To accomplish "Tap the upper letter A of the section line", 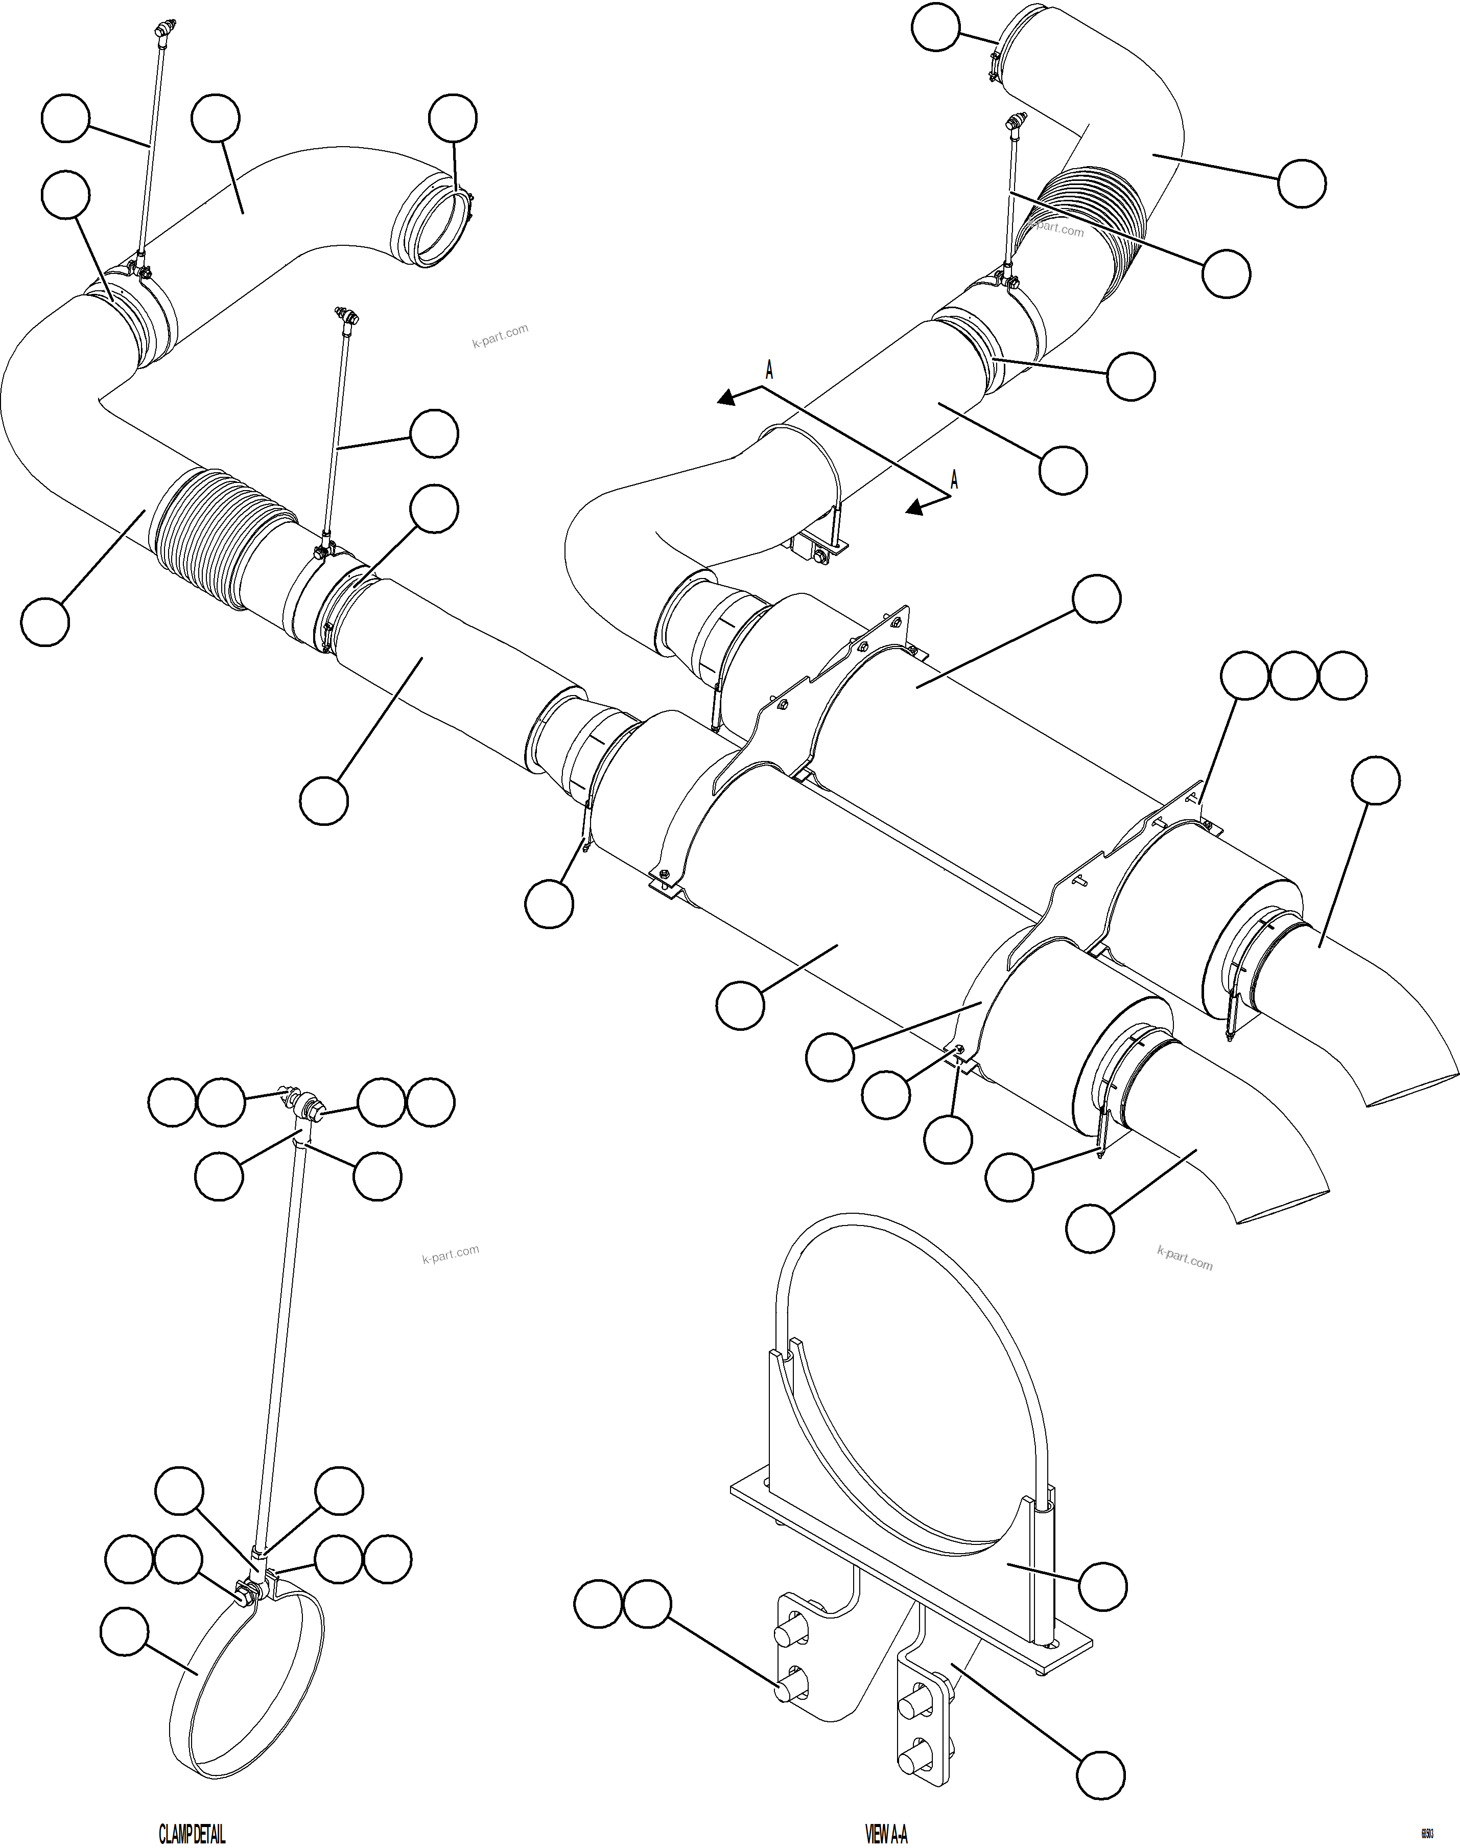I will (x=769, y=371).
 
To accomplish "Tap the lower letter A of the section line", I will (x=954, y=480).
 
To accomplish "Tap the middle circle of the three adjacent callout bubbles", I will (x=1293, y=676).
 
